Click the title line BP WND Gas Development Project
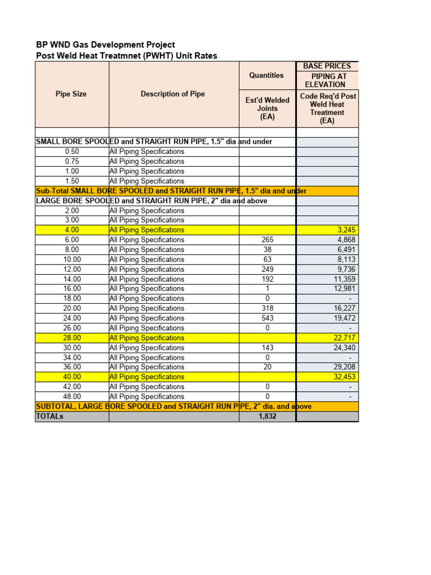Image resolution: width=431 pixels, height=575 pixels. click(x=106, y=44)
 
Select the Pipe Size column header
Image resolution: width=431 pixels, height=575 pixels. click(x=71, y=94)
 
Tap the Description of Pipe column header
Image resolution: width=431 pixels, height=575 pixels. click(x=173, y=94)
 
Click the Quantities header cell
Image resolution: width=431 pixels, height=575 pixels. click(x=267, y=75)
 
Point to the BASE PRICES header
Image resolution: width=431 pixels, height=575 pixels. click(x=327, y=66)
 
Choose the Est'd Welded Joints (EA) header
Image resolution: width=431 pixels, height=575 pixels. click(x=267, y=108)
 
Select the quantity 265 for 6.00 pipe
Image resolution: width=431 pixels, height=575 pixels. click(x=268, y=240)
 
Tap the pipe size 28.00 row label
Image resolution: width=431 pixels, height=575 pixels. click(x=72, y=337)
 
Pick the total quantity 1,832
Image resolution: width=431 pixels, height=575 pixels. click(x=268, y=416)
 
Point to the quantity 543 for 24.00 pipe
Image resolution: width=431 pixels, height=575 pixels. click(x=268, y=318)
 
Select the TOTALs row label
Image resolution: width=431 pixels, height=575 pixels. click(x=50, y=416)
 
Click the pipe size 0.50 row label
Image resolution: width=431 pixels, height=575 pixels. click(x=72, y=152)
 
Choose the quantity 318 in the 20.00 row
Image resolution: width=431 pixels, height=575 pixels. click(x=268, y=308)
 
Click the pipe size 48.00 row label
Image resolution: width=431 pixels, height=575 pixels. click(x=72, y=396)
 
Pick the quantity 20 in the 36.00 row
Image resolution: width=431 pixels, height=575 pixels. click(x=268, y=367)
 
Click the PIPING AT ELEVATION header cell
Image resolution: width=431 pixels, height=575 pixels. click(x=327, y=80)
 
